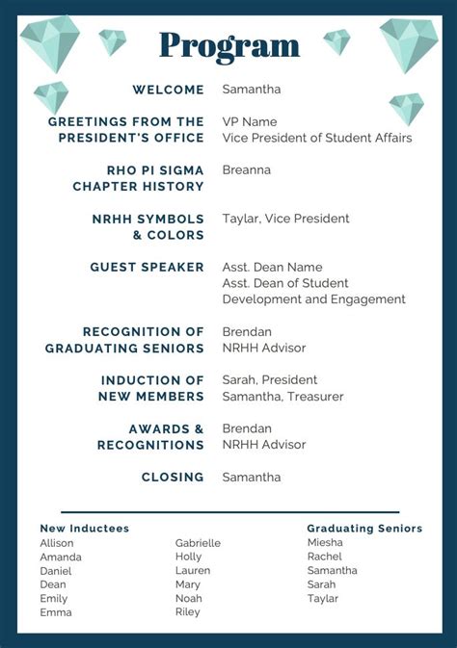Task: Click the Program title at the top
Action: point(228,45)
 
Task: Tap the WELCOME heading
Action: point(168,90)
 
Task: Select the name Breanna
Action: point(246,170)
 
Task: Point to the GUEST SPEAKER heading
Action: point(147,267)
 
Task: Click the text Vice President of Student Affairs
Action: point(316,138)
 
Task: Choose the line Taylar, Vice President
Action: point(285,219)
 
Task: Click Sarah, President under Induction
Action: point(269,380)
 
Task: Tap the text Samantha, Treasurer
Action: point(282,397)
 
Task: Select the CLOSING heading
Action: point(173,477)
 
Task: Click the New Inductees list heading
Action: point(84,529)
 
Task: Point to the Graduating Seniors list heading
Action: point(364,529)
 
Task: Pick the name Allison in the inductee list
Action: point(57,543)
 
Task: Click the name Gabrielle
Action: point(198,543)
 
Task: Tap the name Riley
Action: point(189,612)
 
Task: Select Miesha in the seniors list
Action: point(325,542)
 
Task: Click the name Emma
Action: point(56,612)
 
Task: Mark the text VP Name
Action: point(249,122)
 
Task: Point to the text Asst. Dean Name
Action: point(272,267)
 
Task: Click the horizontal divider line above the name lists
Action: point(229,512)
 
